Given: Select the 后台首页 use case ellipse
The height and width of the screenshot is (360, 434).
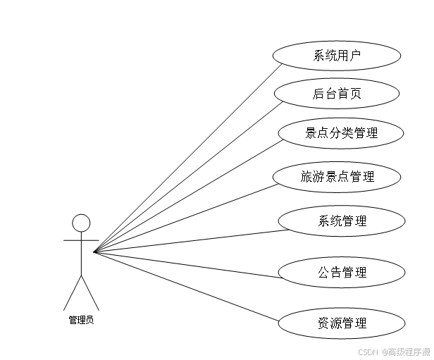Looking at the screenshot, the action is [x=337, y=94].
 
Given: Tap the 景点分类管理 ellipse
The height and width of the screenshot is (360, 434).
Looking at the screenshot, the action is [x=341, y=133].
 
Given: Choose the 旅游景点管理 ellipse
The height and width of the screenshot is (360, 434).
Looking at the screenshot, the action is [x=337, y=177].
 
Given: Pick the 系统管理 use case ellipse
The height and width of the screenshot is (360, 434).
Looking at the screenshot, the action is [x=342, y=221].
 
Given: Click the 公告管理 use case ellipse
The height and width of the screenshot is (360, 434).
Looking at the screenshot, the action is [x=342, y=272].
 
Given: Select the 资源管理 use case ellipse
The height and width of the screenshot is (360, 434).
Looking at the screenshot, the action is [x=342, y=323].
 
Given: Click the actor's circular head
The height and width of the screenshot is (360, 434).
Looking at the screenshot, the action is [x=82, y=223].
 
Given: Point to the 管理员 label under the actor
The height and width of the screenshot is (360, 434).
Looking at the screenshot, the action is [x=81, y=320].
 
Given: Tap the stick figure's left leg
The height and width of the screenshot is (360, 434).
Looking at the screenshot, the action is [x=73, y=292].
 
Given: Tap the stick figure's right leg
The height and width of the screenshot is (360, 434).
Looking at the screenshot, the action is [x=91, y=292].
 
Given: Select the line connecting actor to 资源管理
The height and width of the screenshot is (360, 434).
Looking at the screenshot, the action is [x=187, y=287].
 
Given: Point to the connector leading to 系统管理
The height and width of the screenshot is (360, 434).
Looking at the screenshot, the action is [x=187, y=240].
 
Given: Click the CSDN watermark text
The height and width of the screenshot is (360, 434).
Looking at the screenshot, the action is [x=368, y=352].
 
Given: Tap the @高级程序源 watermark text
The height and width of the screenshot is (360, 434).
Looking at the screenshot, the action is [x=407, y=352].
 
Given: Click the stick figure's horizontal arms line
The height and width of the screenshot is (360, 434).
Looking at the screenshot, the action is [x=81, y=240].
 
